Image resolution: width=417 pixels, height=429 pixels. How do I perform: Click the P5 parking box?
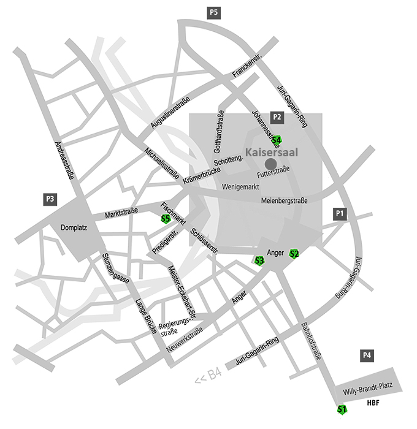(214, 12)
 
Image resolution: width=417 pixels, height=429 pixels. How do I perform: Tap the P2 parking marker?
(277, 116)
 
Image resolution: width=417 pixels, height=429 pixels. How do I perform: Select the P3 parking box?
(50, 199)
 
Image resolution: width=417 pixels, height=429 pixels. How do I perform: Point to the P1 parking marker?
(340, 213)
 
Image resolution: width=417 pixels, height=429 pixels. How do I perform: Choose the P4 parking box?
(367, 355)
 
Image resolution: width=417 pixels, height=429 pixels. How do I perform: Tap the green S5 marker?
(165, 218)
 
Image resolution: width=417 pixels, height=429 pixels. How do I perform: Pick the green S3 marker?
(259, 260)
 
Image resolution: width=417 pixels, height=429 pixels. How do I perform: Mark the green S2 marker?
(294, 254)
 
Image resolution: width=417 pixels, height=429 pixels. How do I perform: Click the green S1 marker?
(342, 409)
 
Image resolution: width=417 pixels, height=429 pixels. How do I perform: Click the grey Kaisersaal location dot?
(270, 164)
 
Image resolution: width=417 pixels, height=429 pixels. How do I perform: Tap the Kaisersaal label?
(272, 152)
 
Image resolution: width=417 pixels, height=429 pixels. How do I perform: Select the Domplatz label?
(75, 228)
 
